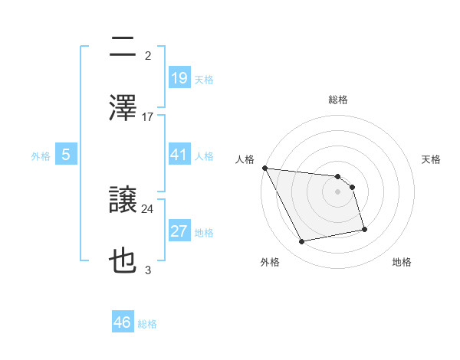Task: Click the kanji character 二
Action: pyautogui.click(x=123, y=47)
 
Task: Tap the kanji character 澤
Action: pyautogui.click(x=123, y=107)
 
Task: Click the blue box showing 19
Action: pyautogui.click(x=179, y=78)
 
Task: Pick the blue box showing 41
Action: pyautogui.click(x=179, y=155)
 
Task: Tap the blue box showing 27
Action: pyautogui.click(x=179, y=231)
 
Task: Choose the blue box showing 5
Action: pyautogui.click(x=66, y=155)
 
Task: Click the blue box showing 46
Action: pyautogui.click(x=123, y=322)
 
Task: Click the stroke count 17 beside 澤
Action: pyautogui.click(x=148, y=117)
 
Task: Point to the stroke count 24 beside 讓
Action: pyautogui.click(x=148, y=208)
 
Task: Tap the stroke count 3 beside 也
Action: pyautogui.click(x=148, y=270)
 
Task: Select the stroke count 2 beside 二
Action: pyautogui.click(x=148, y=55)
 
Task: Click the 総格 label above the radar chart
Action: pyautogui.click(x=338, y=100)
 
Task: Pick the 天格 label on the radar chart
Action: pyautogui.click(x=432, y=159)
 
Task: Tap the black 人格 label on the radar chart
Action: pyautogui.click(x=245, y=159)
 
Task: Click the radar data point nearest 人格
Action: pyautogui.click(x=264, y=168)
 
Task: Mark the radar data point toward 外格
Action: pyautogui.click(x=302, y=242)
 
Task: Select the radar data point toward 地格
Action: pyautogui.click(x=364, y=229)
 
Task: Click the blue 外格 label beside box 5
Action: pyautogui.click(x=41, y=155)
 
